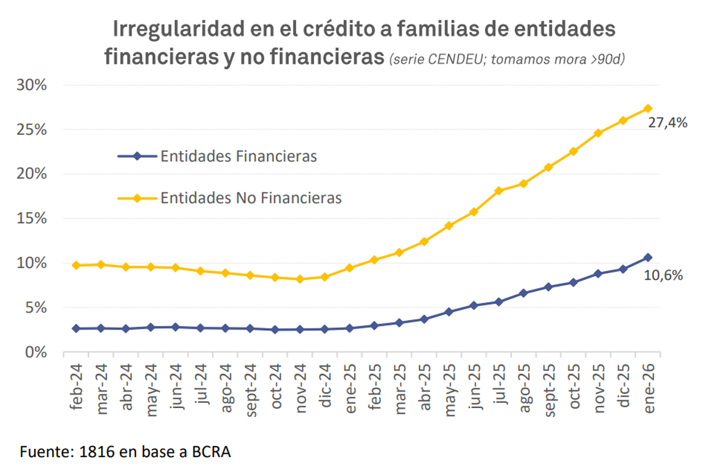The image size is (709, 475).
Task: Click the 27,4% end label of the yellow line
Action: (x=668, y=124)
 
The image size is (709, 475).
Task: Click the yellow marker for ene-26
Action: (x=648, y=108)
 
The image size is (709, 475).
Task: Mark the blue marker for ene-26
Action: (x=648, y=257)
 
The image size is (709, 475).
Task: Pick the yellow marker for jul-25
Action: (x=499, y=190)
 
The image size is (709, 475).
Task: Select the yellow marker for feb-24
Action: (x=76, y=266)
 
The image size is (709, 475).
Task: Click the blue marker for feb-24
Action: (x=76, y=328)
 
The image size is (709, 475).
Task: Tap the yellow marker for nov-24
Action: (x=300, y=279)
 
